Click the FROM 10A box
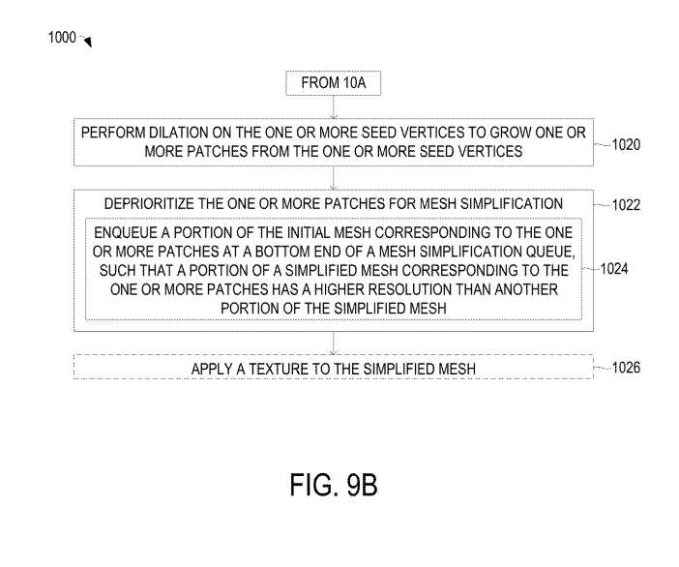coord(333,84)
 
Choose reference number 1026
coord(629,368)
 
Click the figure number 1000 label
coord(61,39)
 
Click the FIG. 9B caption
coord(334,485)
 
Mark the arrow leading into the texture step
coord(333,343)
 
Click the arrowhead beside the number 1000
coord(87,43)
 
